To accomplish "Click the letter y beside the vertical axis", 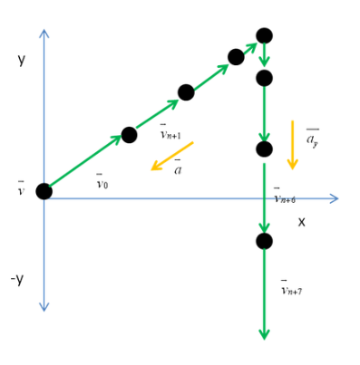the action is click(21, 60).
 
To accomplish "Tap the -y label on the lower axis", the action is click(17, 280).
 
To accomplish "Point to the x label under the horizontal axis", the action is click(301, 223).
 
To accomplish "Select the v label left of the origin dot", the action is click(21, 188).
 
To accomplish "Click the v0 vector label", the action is click(102, 181).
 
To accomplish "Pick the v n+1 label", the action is click(170, 131).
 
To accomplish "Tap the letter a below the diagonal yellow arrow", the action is click(178, 167).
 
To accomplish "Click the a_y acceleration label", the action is click(313, 139).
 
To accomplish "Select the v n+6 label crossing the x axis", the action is click(285, 196).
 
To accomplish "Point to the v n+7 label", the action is click(292, 287).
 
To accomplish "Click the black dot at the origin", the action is click(44, 191).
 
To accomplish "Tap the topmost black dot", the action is click(264, 36).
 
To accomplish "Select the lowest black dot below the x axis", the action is click(264, 241).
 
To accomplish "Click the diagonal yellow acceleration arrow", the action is click(172, 156).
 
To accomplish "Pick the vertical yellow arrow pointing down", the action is click(292, 145).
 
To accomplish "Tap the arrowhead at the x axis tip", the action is click(334, 198).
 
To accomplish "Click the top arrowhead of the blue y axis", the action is click(44, 34).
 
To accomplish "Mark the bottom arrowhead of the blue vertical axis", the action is click(44, 307).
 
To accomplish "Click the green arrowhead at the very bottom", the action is click(264, 334).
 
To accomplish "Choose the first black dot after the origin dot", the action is click(129, 135).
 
